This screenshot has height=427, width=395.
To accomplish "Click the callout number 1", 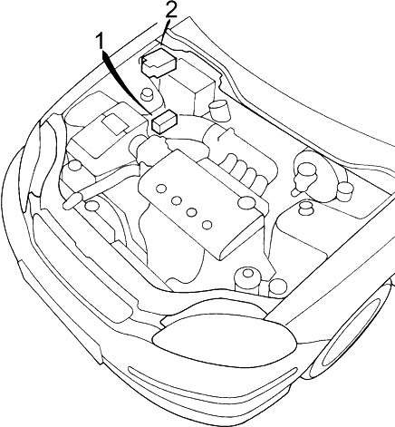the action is (100, 42).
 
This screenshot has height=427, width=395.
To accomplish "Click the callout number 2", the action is (170, 9).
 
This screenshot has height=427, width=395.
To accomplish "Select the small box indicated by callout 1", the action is (164, 121).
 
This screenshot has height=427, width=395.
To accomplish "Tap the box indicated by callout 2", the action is (159, 63).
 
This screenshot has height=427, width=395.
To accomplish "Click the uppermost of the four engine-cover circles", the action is (161, 189).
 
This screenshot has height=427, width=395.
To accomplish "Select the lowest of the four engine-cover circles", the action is (207, 225).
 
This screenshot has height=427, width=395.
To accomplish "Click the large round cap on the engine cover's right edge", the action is (246, 203).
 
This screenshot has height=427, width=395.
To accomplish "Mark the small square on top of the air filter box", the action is (114, 123).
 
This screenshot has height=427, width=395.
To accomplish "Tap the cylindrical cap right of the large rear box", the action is (219, 110).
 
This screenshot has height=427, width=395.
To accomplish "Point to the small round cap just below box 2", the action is (147, 93).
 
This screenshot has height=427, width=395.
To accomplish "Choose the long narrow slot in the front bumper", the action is (211, 383).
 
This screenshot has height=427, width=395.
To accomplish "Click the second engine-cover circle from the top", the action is (177, 200).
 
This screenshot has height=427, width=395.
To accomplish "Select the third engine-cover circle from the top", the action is (192, 212).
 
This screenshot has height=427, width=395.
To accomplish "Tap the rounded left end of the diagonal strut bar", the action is (72, 201).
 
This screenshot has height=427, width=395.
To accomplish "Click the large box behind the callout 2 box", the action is (188, 87).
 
